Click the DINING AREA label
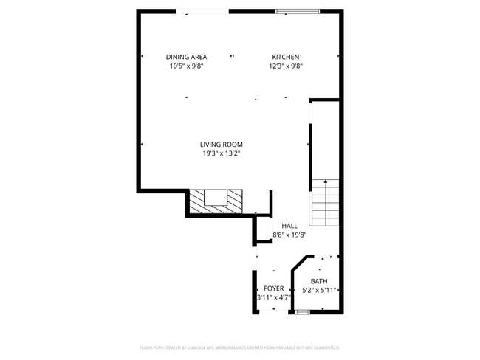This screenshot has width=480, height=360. pyautogui.click(x=186, y=57)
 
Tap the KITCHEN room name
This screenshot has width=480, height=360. pyautogui.click(x=285, y=57)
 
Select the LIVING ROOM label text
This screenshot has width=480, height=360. pyautogui.click(x=221, y=144)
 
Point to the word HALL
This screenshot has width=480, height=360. pyautogui.click(x=289, y=226)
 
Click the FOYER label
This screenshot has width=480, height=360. pyautogui.click(x=273, y=288)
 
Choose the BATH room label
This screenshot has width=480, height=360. pyautogui.click(x=319, y=281)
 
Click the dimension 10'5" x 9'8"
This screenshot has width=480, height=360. pyautogui.click(x=186, y=66)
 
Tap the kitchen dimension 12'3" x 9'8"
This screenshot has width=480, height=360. pyautogui.click(x=286, y=66)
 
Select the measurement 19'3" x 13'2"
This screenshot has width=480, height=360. pyautogui.click(x=222, y=153)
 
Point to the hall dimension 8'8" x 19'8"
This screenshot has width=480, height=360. pyautogui.click(x=289, y=235)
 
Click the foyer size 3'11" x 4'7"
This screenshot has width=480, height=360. pyautogui.click(x=273, y=297)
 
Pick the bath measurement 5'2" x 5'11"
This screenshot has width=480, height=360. pyautogui.click(x=319, y=290)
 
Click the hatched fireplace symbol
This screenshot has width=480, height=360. pyautogui.click(x=216, y=200)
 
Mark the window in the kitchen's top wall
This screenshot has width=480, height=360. pyautogui.click(x=298, y=11)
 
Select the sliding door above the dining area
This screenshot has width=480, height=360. pyautogui.click(x=202, y=11)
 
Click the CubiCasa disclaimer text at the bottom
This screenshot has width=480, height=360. pyautogui.click(x=239, y=347)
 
